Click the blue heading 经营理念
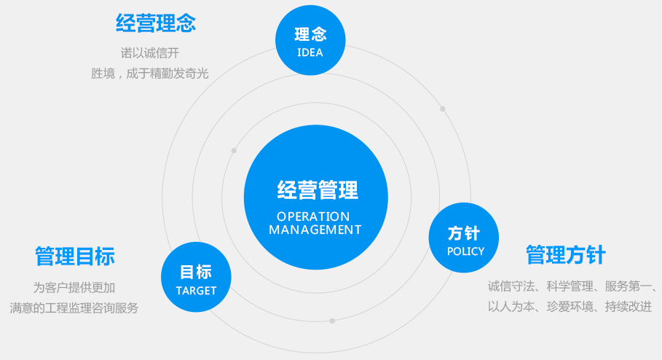(x=156, y=23)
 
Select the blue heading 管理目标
(x=75, y=257)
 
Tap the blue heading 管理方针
(x=565, y=255)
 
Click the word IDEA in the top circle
(x=310, y=52)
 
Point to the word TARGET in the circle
(x=196, y=290)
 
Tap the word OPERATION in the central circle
(x=313, y=216)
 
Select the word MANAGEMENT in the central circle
(x=315, y=230)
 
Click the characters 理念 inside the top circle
(x=310, y=34)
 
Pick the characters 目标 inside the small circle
(x=195, y=273)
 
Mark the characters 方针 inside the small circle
(x=464, y=233)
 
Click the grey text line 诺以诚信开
(x=150, y=52)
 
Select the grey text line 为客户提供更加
(x=74, y=287)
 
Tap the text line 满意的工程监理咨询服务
(x=74, y=308)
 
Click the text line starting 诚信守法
(x=573, y=286)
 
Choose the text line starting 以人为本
(x=570, y=307)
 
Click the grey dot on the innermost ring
(x=234, y=151)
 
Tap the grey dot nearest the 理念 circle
(x=442, y=109)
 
